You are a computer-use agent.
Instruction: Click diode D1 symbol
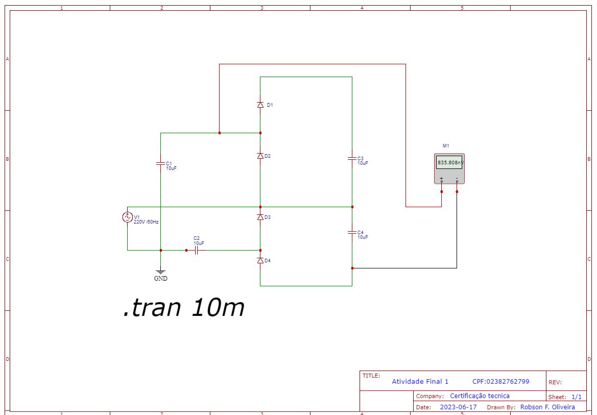(260, 105)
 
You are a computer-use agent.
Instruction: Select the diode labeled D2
(260, 156)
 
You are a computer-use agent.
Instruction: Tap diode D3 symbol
(260, 217)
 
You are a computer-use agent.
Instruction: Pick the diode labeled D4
(260, 260)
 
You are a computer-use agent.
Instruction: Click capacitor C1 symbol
(160, 164)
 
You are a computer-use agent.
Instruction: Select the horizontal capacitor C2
(196, 250)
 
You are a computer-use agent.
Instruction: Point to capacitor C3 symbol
(352, 159)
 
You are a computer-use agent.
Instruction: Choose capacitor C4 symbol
(352, 232)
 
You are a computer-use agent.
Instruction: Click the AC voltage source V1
(127, 217)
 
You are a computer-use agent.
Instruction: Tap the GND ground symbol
(160, 273)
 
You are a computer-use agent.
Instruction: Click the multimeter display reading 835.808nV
(449, 163)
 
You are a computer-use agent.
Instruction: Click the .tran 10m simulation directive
(183, 308)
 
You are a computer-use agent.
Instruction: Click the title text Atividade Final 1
(420, 381)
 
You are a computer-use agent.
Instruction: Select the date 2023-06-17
(458, 407)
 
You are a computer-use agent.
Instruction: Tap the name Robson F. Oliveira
(547, 407)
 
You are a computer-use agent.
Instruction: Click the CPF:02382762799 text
(500, 381)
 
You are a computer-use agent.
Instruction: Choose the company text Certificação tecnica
(480, 396)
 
